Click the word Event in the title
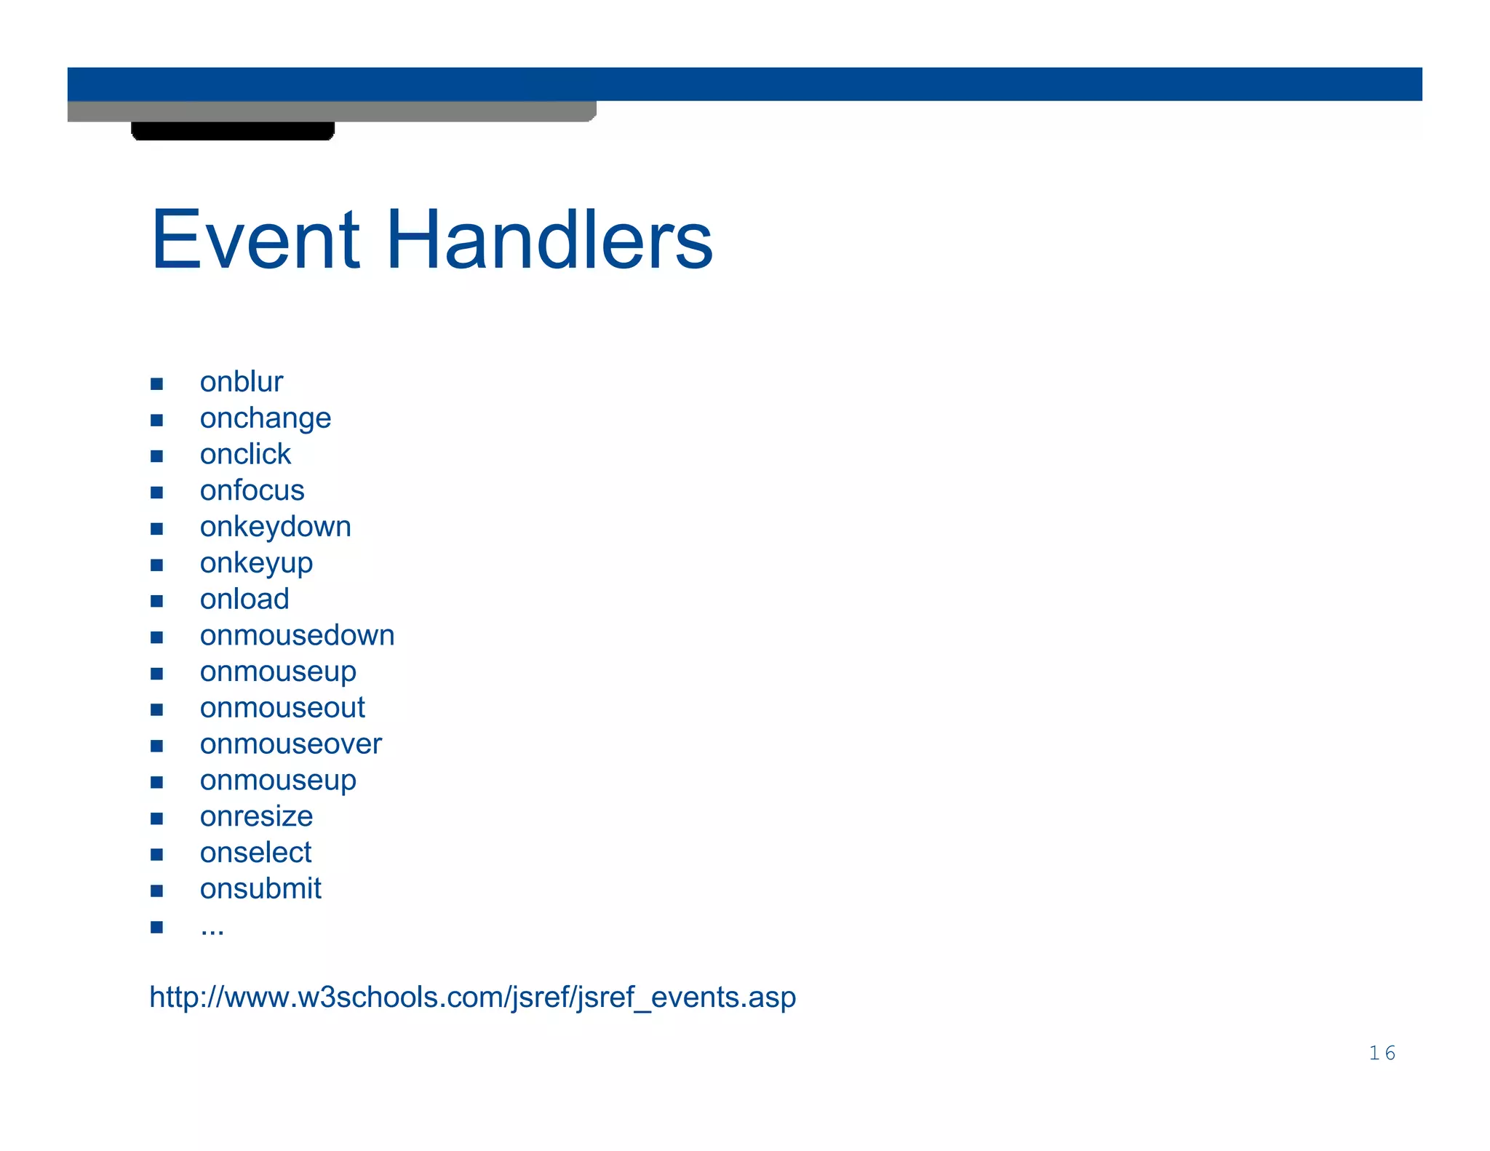click(x=255, y=239)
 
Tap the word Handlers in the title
click(x=549, y=239)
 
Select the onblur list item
click(x=241, y=382)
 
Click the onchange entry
click(x=266, y=418)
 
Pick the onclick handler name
click(x=245, y=455)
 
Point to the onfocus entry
click(x=252, y=490)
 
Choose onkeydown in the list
click(x=275, y=527)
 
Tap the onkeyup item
click(x=256, y=563)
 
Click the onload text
click(x=244, y=600)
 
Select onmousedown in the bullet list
click(x=297, y=635)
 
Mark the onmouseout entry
click(x=282, y=708)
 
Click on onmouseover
click(x=290, y=744)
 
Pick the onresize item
click(x=256, y=816)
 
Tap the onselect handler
click(x=255, y=853)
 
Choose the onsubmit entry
click(x=260, y=889)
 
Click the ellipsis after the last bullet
click(x=212, y=929)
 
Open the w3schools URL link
click(x=472, y=997)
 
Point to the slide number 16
click(x=1382, y=1053)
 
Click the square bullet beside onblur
click(x=156, y=383)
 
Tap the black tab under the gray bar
click(x=233, y=131)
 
